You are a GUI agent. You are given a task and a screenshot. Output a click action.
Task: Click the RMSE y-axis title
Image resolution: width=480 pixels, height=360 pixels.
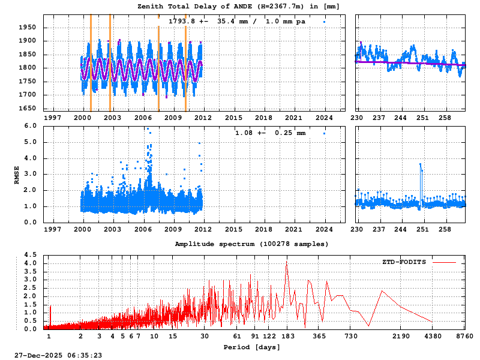pos(17,174)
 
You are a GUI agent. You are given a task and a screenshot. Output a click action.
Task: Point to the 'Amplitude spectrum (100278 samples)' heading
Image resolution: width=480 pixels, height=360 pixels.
pos(252,244)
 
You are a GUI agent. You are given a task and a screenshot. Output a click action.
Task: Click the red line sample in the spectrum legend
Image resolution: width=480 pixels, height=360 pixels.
pos(444,262)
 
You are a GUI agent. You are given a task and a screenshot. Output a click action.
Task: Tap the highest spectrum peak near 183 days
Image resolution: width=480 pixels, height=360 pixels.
pos(287,263)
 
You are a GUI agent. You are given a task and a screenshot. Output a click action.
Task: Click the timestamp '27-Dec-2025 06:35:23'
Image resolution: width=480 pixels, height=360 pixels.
pos(59,355)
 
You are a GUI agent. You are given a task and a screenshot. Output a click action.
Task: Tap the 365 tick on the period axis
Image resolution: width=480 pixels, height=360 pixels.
pos(319,337)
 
